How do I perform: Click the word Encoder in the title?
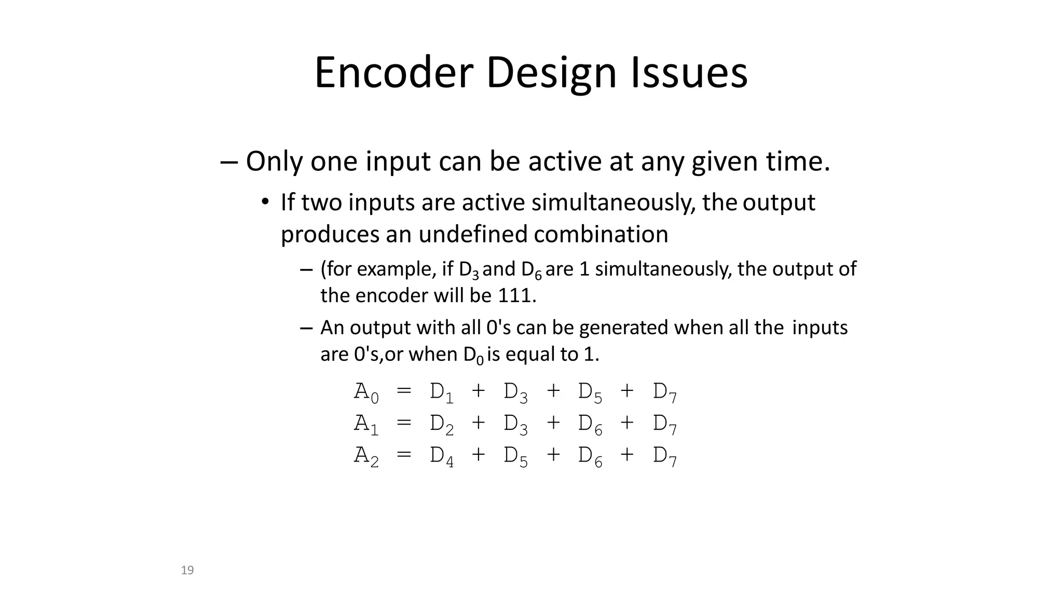click(393, 73)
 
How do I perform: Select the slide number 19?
click(187, 570)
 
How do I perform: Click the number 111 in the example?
click(514, 296)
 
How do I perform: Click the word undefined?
click(473, 235)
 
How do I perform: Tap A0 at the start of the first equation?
click(366, 392)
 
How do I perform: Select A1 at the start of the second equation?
click(366, 425)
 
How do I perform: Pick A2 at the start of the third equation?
click(366, 456)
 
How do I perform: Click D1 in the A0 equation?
click(442, 392)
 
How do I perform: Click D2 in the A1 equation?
click(442, 425)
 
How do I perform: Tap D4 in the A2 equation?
click(442, 456)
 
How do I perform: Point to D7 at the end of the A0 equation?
click(665, 392)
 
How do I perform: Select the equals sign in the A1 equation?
click(404, 423)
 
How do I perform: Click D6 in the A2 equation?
click(590, 456)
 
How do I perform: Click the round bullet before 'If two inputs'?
click(265, 202)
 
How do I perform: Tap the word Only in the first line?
click(274, 161)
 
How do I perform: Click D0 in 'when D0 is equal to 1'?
click(473, 356)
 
